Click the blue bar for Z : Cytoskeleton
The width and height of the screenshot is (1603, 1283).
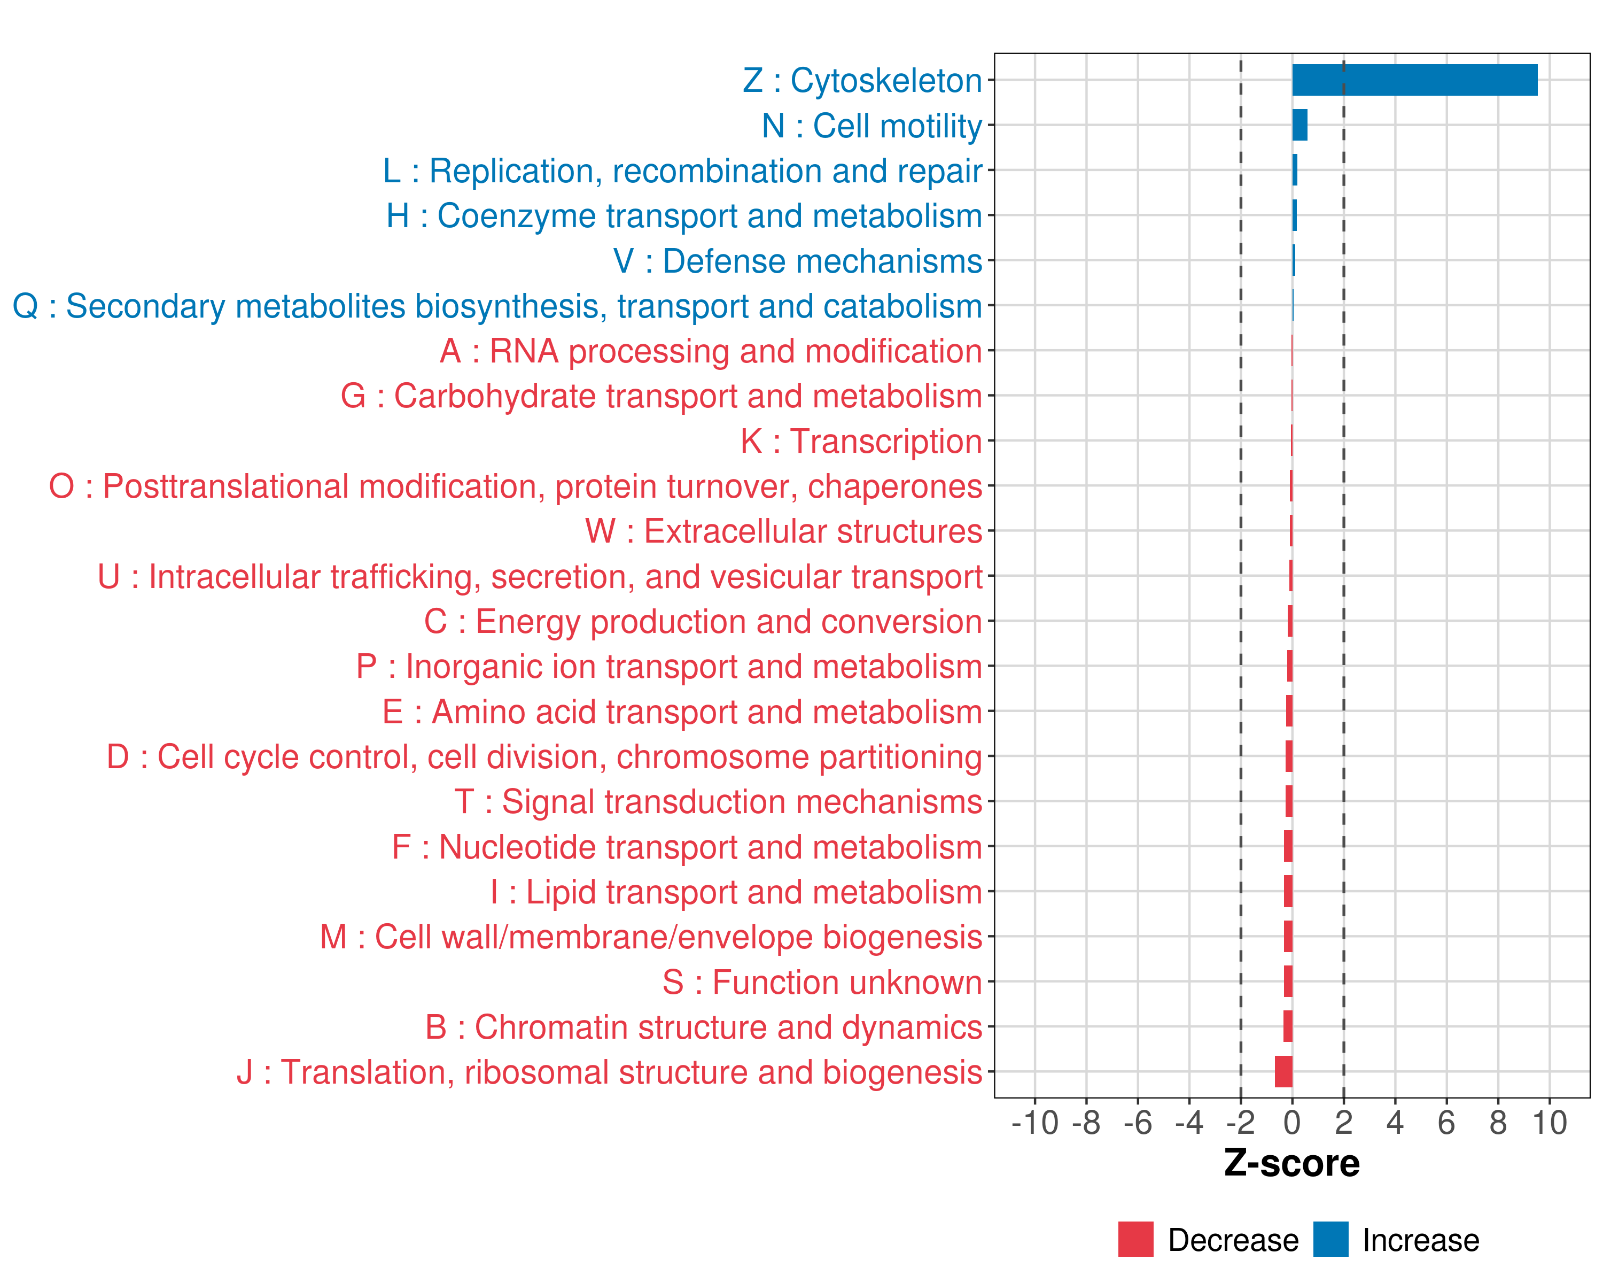coord(1414,80)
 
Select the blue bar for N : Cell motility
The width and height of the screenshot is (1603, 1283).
coord(1299,125)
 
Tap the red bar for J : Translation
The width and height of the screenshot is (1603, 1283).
coord(1283,1072)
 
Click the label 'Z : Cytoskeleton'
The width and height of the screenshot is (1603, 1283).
coord(862,80)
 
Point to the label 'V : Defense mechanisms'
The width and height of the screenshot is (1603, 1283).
coord(798,261)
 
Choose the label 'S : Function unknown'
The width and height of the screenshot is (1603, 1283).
coord(822,982)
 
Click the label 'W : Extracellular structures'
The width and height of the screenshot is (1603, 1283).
coord(784,531)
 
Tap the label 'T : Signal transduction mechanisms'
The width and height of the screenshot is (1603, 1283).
coord(718,802)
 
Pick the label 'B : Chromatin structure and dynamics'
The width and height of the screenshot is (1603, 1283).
coord(703,1027)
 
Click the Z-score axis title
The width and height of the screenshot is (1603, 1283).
coord(1291,1163)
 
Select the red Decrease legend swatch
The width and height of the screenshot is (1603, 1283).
coord(1135,1239)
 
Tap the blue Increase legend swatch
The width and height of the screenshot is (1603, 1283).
coord(1330,1239)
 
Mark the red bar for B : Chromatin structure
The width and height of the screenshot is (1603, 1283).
coord(1288,1026)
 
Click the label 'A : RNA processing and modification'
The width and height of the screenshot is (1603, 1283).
coord(711,351)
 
